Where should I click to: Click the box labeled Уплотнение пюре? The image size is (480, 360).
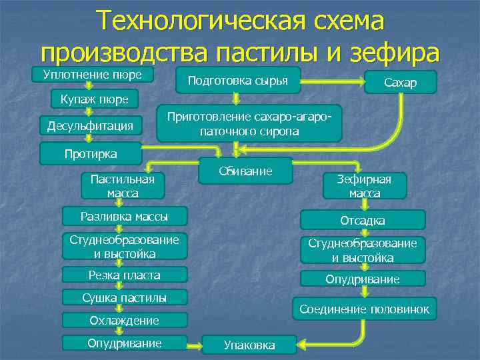(x=93, y=74)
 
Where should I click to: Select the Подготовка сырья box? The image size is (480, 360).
(x=238, y=81)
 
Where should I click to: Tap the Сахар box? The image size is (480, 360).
(x=400, y=82)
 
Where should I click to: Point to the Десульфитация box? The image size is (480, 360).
(x=90, y=125)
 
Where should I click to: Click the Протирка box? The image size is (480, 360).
(x=90, y=153)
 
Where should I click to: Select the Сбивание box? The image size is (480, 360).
(x=246, y=171)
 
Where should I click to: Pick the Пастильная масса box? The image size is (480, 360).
(x=122, y=185)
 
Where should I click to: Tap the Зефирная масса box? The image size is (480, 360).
(x=363, y=185)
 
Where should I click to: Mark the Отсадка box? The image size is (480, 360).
(x=362, y=220)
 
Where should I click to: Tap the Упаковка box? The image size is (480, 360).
(x=249, y=345)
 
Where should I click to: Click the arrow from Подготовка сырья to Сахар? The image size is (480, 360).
(x=332, y=83)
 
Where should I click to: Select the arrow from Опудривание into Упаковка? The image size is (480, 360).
(x=203, y=345)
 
